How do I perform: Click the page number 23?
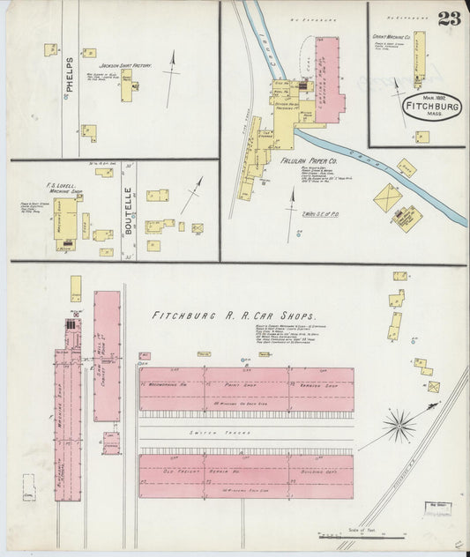(448, 19)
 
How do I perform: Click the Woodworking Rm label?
(166, 383)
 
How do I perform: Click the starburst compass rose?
(399, 427)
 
